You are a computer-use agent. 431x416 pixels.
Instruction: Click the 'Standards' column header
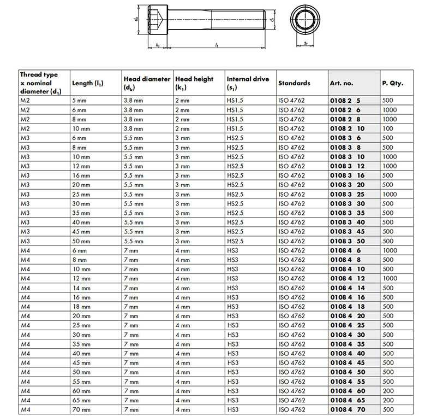click(x=294, y=83)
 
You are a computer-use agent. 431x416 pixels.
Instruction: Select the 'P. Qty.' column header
click(x=393, y=83)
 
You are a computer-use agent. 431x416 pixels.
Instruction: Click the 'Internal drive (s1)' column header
click(x=248, y=83)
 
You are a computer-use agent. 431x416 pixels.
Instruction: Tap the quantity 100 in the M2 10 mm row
click(x=388, y=128)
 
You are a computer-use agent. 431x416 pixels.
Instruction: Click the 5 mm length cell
click(x=80, y=101)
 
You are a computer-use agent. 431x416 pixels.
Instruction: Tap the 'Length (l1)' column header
click(x=88, y=83)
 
